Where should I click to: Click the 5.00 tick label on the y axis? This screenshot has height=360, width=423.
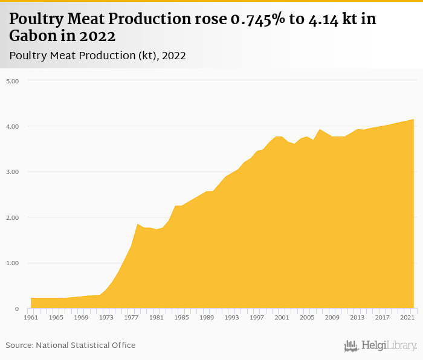coord(13,80)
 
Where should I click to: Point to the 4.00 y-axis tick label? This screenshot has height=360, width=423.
coord(13,126)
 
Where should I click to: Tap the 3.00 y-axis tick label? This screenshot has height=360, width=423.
coord(13,172)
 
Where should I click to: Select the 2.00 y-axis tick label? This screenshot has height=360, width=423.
coord(13,217)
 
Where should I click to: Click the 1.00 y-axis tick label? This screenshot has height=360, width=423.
coord(13,263)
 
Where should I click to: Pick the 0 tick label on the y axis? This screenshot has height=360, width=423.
coord(18,309)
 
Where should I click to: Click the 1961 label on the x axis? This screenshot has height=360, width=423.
coord(31,317)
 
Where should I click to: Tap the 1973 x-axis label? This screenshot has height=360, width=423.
coord(106,317)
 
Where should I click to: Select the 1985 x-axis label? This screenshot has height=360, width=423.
coord(181,317)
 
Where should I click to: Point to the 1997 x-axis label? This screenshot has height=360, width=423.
coord(257,317)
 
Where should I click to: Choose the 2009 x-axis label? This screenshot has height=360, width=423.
coord(332,317)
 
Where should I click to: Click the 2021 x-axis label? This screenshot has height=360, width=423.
coord(407,317)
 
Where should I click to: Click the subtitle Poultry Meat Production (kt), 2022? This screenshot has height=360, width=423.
coord(97,56)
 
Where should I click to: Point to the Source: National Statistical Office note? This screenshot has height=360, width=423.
coord(71,345)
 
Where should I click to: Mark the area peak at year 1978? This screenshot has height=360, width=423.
coord(138,224)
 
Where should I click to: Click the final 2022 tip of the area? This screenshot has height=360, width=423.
coord(413,120)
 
